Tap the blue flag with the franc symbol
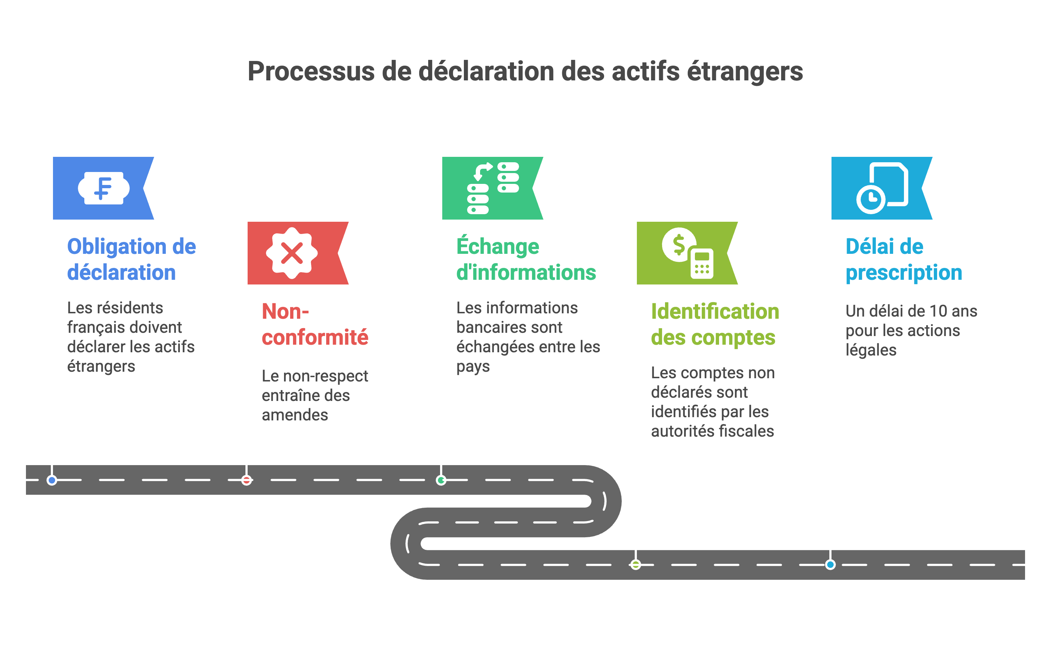[103, 188]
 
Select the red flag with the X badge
[298, 253]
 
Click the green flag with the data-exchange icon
[492, 188]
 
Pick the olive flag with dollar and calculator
[687, 253]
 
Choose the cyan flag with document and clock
[882, 188]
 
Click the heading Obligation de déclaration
[131, 259]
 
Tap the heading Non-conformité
[315, 324]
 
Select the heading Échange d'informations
[526, 259]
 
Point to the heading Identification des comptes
[715, 324]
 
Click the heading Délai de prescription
[904, 259]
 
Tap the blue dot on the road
[52, 480]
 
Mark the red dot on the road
[246, 480]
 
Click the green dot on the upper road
[441, 480]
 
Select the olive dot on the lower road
[636, 564]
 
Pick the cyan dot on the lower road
[830, 564]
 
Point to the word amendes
[295, 415]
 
